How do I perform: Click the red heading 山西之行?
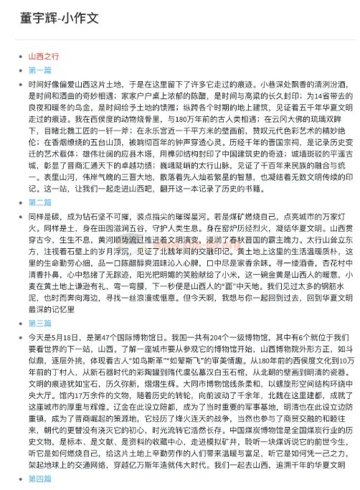tap(44, 55)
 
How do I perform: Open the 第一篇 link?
tap(39, 70)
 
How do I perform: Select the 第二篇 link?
tap(39, 203)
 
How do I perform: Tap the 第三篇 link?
tap(39, 323)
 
